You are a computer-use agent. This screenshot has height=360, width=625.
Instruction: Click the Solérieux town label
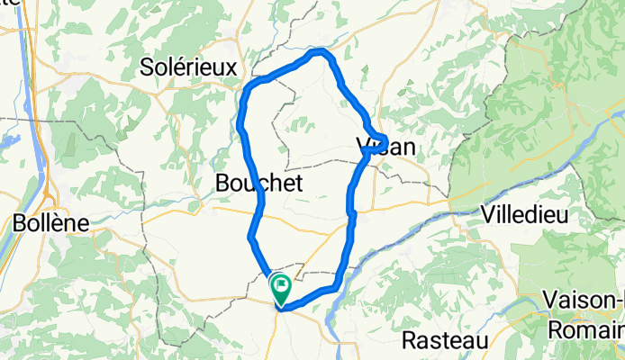click(189, 67)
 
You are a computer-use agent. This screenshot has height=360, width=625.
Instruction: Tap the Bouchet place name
click(258, 184)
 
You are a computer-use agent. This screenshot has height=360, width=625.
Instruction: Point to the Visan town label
click(388, 148)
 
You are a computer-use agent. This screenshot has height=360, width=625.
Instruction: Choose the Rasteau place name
click(445, 341)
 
